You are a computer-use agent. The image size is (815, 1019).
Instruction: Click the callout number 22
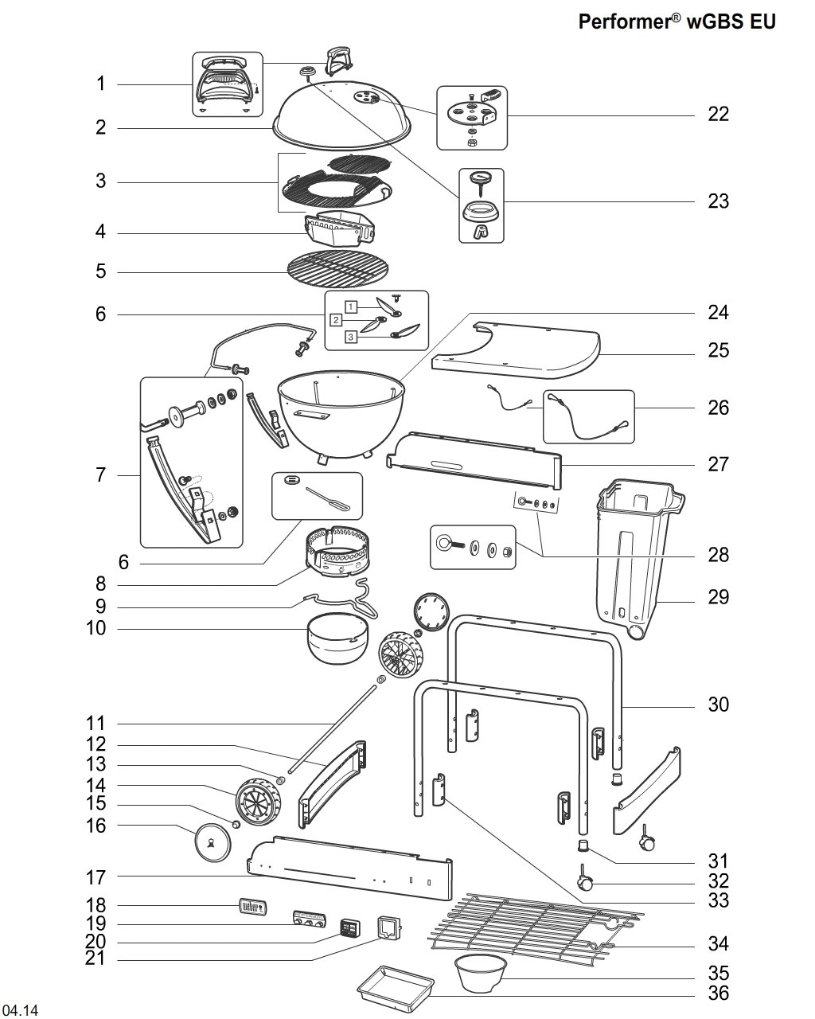click(718, 114)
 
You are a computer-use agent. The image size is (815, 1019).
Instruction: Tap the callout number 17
click(96, 877)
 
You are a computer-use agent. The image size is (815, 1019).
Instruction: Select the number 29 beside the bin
click(718, 597)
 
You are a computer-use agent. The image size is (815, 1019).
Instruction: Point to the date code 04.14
click(19, 1008)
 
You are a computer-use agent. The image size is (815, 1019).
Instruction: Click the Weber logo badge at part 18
click(252, 906)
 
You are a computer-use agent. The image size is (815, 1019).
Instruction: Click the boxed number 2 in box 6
click(336, 320)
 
